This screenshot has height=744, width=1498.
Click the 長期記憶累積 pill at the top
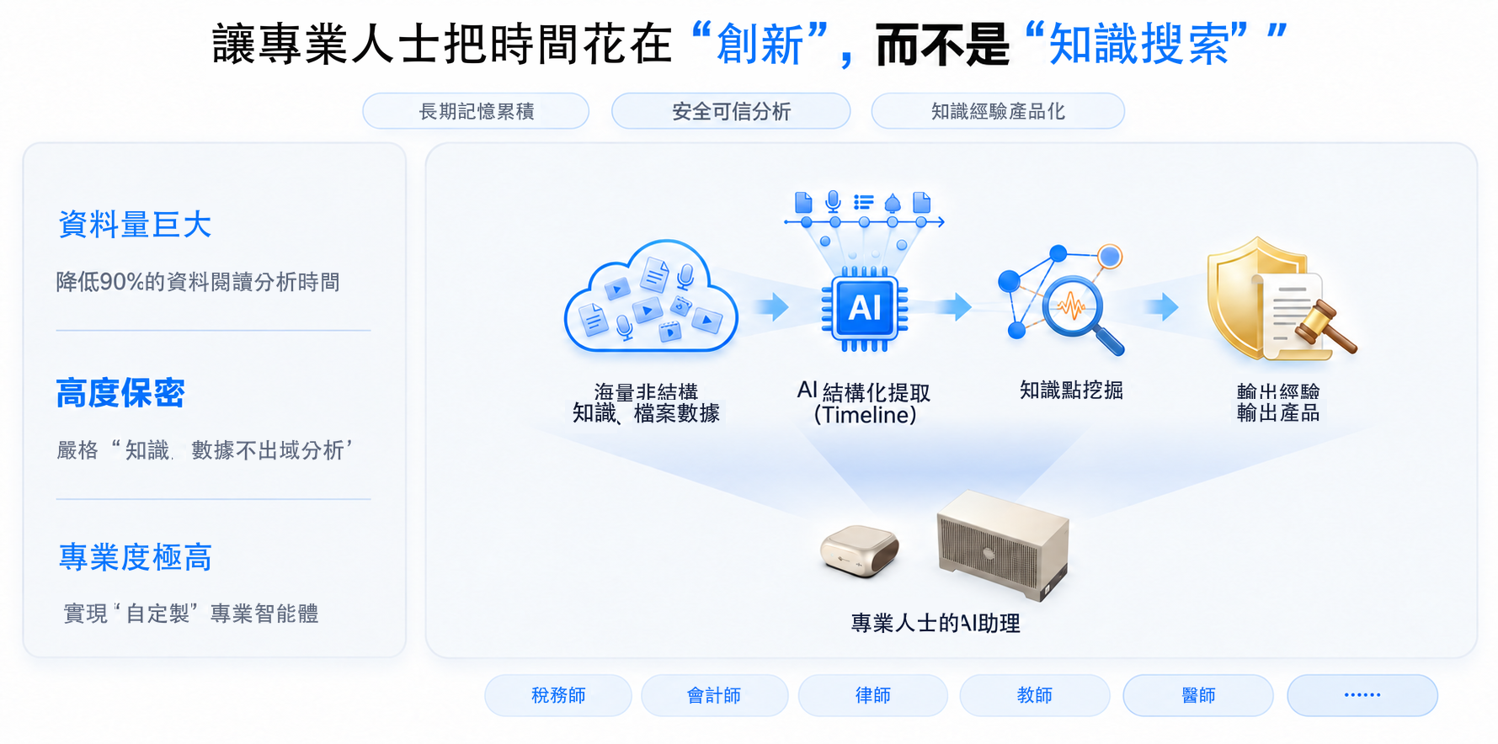(476, 111)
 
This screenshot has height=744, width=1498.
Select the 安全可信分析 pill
(731, 111)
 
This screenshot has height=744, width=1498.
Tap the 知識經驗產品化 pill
(998, 111)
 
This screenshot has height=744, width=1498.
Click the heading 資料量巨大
(135, 225)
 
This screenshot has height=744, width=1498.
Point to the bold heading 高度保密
(120, 393)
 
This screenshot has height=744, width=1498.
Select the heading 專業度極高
(135, 557)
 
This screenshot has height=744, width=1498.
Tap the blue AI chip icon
(865, 308)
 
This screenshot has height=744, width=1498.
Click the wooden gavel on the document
(1325, 327)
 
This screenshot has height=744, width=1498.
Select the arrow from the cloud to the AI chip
(771, 306)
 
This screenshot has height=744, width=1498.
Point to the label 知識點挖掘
(1071, 391)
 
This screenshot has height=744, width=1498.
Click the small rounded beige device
(860, 551)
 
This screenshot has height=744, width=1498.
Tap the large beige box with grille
(1003, 544)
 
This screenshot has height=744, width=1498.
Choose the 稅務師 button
(558, 695)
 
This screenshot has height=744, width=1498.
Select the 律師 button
(873, 695)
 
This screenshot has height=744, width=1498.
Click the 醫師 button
(1198, 695)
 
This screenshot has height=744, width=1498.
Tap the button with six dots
(1362, 695)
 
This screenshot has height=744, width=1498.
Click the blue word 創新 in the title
(760, 45)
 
